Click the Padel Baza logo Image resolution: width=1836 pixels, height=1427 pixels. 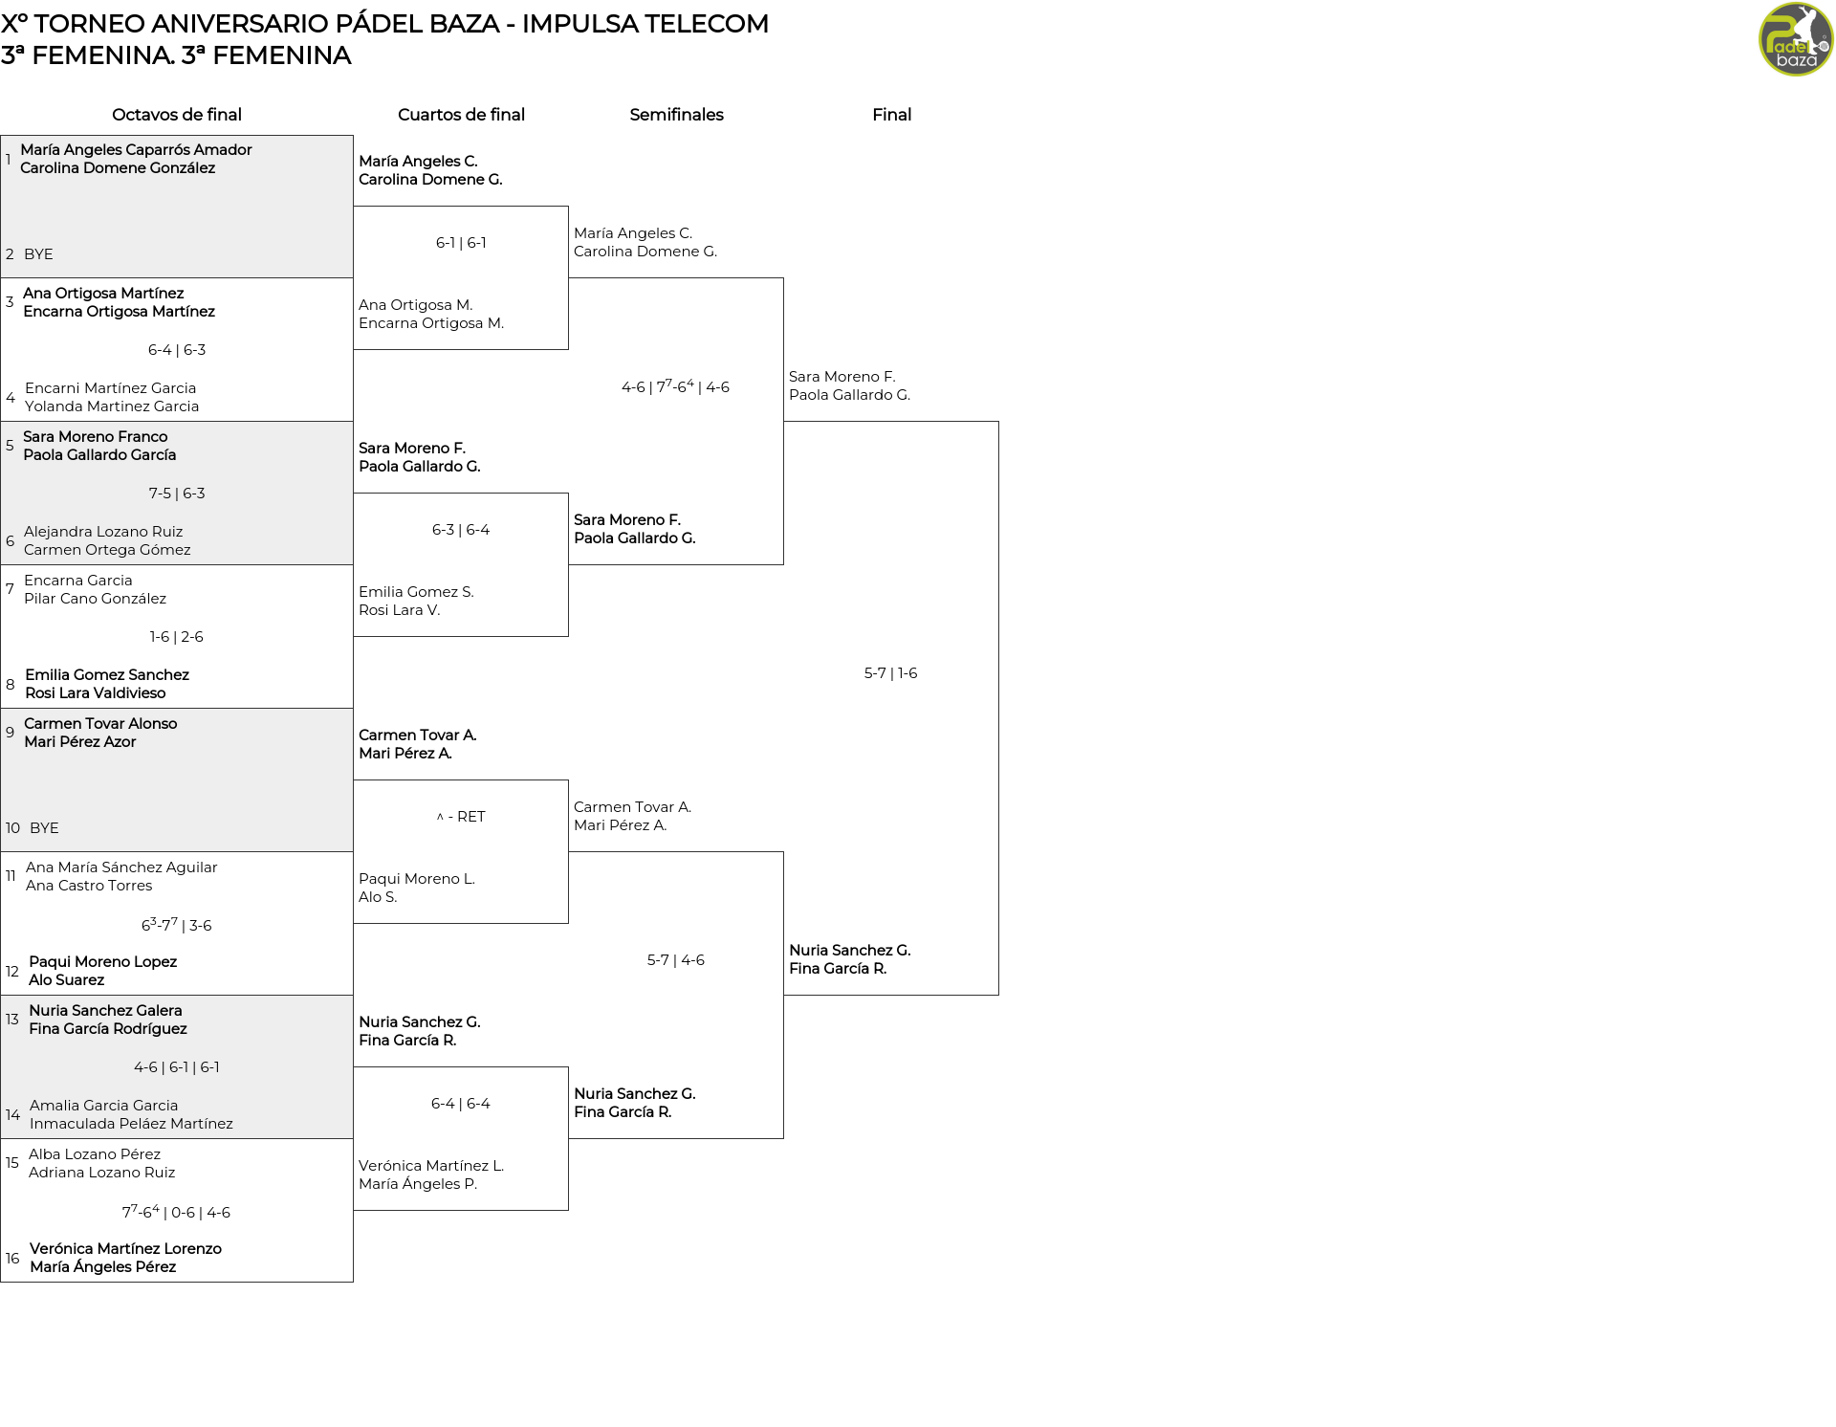tap(1796, 39)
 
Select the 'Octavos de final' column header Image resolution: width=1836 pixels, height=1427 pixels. tap(177, 115)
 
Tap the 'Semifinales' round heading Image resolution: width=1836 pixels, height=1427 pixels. tap(676, 115)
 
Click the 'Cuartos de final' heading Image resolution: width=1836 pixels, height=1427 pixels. tap(461, 115)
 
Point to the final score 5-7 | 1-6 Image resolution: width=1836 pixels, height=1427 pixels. tap(890, 673)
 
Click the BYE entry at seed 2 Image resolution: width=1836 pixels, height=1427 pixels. tap(38, 254)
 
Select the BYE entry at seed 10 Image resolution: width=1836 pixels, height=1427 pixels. tap(44, 828)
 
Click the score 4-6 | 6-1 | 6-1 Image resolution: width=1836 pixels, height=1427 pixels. tap(177, 1067)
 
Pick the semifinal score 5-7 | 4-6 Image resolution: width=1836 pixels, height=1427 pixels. tap(676, 960)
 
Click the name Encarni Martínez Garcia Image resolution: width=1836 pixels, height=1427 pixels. tap(111, 388)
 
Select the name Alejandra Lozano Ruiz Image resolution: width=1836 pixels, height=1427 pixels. tap(103, 532)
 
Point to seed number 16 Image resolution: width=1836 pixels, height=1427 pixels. tap(12, 1259)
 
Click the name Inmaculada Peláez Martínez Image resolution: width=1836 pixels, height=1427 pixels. tap(131, 1124)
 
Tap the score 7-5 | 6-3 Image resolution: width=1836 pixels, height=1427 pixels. tap(177, 494)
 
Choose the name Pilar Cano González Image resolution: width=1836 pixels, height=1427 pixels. tap(95, 599)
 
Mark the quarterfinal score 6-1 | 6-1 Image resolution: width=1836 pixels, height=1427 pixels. tap(461, 243)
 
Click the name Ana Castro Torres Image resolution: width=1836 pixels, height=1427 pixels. tap(89, 886)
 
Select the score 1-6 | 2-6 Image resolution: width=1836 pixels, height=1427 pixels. tap(177, 637)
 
